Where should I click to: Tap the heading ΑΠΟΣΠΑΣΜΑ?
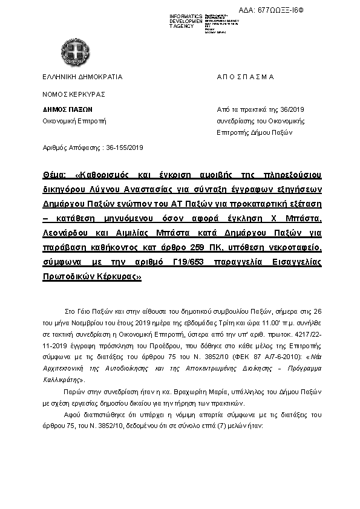245,77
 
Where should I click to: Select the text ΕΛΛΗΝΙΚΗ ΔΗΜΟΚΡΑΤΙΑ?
82,77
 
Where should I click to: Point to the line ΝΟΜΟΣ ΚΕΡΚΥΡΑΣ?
74,94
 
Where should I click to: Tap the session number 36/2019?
292,110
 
